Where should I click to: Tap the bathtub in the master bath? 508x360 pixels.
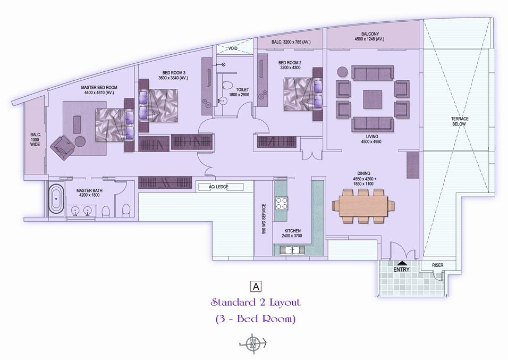pyautogui.click(x=56, y=199)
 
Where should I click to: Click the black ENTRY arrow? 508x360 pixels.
pyautogui.click(x=401, y=263)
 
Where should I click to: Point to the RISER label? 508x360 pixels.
pyautogui.click(x=438, y=265)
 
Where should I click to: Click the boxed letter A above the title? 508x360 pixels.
pyautogui.click(x=256, y=287)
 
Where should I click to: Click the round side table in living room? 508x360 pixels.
pyautogui.click(x=342, y=72)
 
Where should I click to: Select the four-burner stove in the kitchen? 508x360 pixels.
pyautogui.click(x=281, y=203)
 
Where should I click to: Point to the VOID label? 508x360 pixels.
pyautogui.click(x=233, y=48)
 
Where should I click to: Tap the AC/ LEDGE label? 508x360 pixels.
pyautogui.click(x=218, y=187)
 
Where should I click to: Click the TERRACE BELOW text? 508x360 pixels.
pyautogui.click(x=460, y=121)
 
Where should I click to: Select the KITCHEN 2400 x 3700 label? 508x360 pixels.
pyautogui.click(x=292, y=233)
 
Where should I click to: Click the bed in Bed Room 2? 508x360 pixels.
pyautogui.click(x=303, y=94)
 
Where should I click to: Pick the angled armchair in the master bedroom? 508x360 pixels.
pyautogui.click(x=63, y=148)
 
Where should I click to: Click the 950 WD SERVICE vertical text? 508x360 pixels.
pyautogui.click(x=264, y=219)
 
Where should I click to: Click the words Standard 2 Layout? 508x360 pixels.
pyautogui.click(x=256, y=302)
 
